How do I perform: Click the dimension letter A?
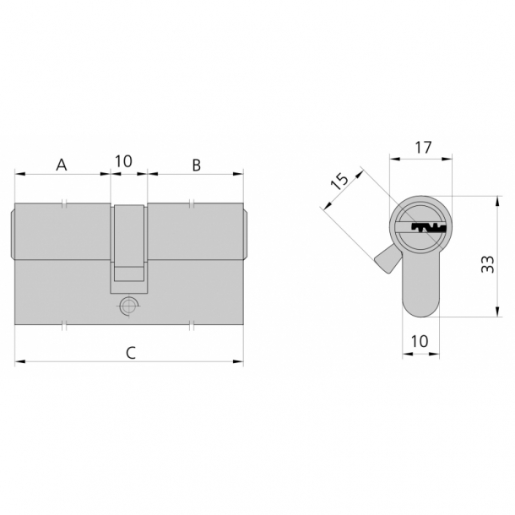tap(62, 165)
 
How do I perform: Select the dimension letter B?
tap(197, 165)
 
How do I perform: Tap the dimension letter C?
tap(131, 353)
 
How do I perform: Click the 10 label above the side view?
tap(123, 161)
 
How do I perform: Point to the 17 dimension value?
tap(423, 148)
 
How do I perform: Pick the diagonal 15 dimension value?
tap(339, 181)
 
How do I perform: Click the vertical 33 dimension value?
tap(488, 263)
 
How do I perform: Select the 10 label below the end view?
tap(420, 341)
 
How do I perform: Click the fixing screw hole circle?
tap(127, 306)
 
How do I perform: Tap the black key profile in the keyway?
tap(429, 228)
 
